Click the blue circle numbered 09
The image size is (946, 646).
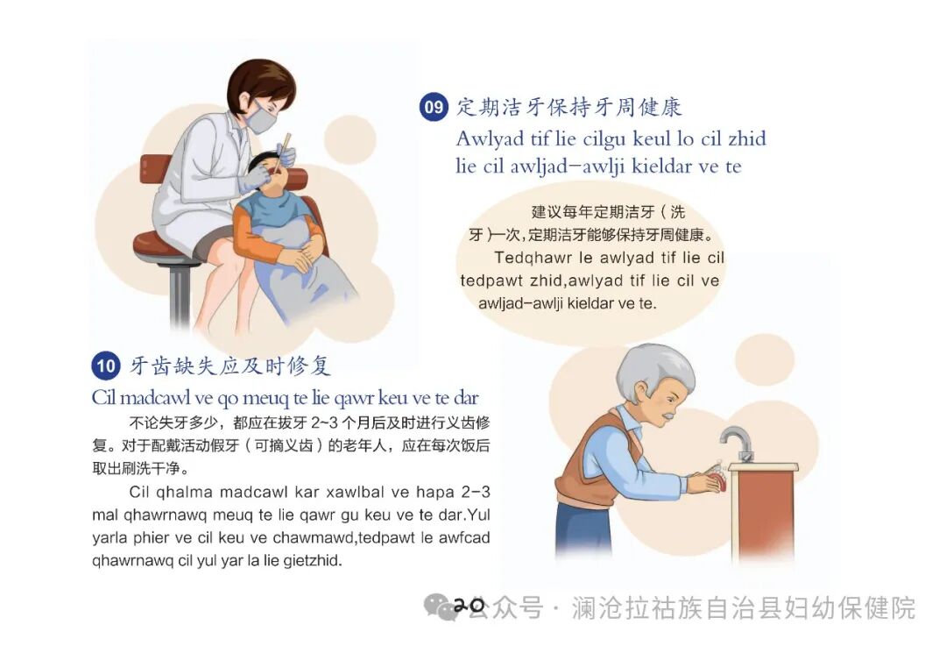pos(434,108)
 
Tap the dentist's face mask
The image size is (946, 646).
pos(260,119)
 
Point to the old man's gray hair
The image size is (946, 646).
pos(653,368)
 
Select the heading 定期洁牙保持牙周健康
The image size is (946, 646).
pos(568,108)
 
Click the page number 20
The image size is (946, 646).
pos(469,606)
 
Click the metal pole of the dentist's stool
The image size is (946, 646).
pos(180,294)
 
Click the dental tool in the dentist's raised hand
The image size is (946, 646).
pos(284,151)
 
